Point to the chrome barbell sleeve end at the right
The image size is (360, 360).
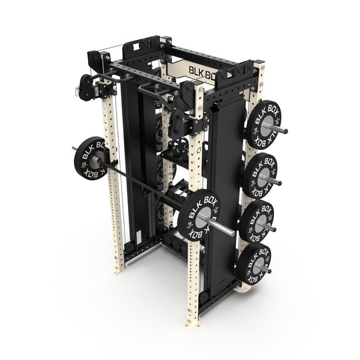(227, 231)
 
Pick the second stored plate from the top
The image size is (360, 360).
(259, 174)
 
